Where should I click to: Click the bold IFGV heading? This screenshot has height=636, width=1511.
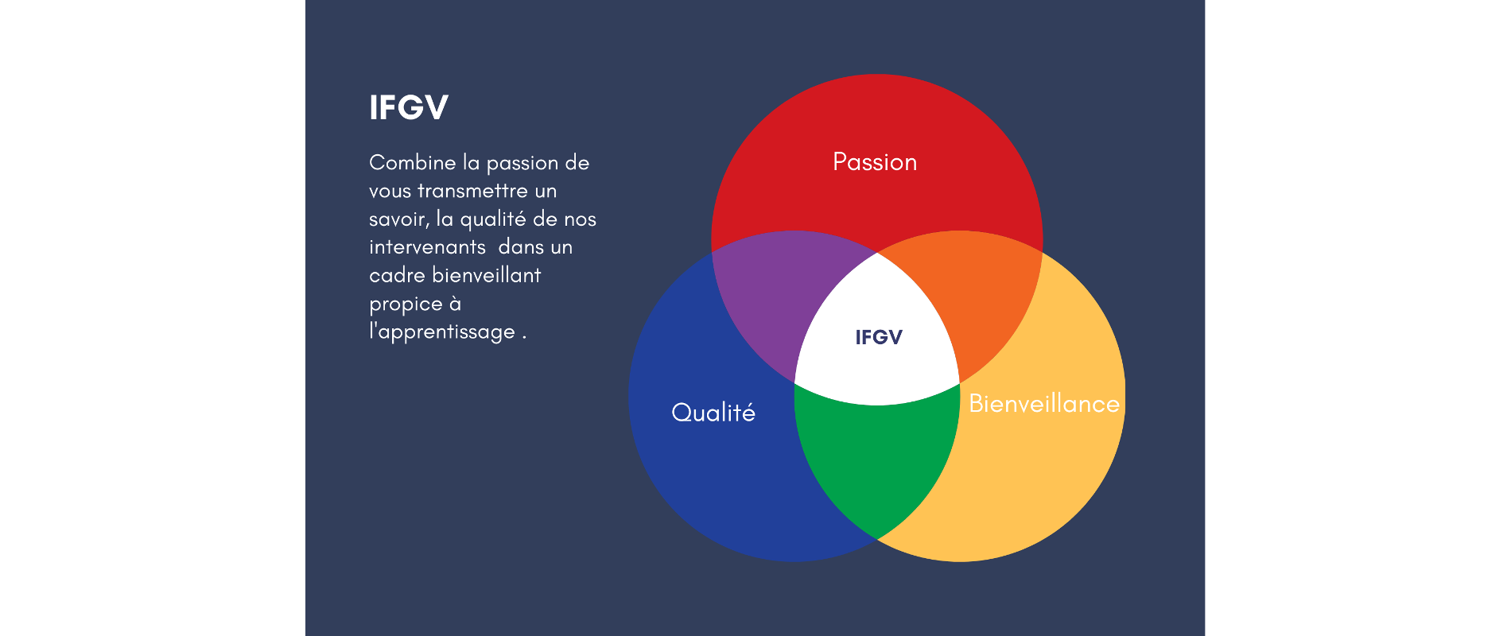409,107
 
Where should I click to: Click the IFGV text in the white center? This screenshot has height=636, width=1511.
879,337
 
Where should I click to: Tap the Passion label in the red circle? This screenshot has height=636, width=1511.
875,162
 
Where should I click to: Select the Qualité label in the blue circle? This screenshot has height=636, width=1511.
713,412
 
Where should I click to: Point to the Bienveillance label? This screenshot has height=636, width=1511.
1044,403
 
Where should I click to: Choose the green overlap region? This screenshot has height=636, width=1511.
876,461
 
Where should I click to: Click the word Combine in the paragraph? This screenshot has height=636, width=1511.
413,163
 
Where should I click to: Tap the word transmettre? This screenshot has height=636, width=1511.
472,191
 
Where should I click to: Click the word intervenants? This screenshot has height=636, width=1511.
427,247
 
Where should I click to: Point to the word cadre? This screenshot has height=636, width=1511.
397,275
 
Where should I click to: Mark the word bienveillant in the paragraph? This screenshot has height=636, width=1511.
487,275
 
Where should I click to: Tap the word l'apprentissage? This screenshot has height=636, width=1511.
442,332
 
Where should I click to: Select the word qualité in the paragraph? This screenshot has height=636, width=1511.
493,219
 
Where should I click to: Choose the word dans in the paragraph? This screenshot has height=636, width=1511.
521,247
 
